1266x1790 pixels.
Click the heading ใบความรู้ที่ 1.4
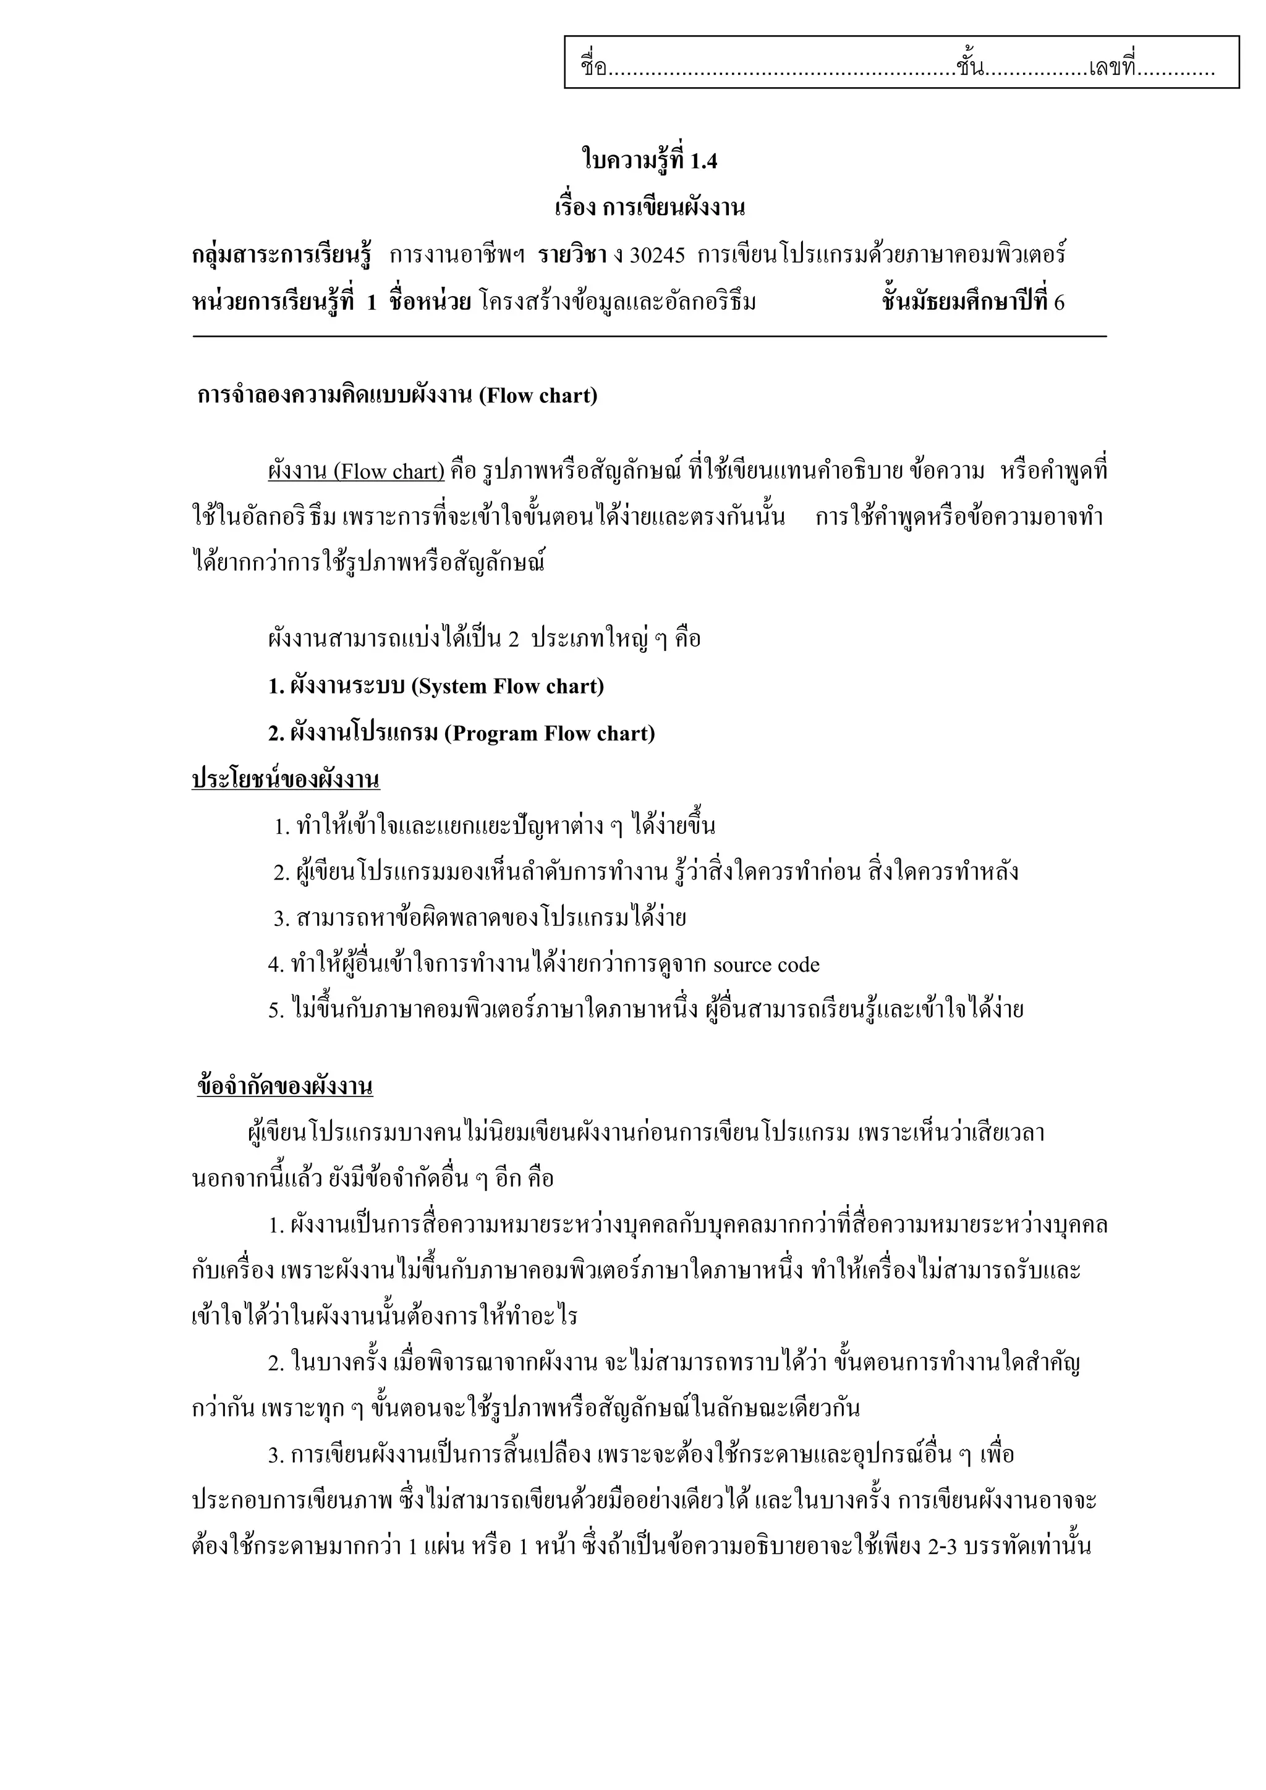point(649,161)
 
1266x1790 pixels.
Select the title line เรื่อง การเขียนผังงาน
point(649,208)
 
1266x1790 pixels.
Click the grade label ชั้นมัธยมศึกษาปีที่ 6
point(973,302)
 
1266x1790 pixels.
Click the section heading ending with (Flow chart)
point(397,396)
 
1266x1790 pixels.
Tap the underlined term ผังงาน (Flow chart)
point(356,472)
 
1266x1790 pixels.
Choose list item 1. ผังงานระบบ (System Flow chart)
point(436,687)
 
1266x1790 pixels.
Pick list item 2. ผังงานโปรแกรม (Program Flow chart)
point(462,734)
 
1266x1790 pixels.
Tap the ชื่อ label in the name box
point(594,67)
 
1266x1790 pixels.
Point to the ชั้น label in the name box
point(968,67)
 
